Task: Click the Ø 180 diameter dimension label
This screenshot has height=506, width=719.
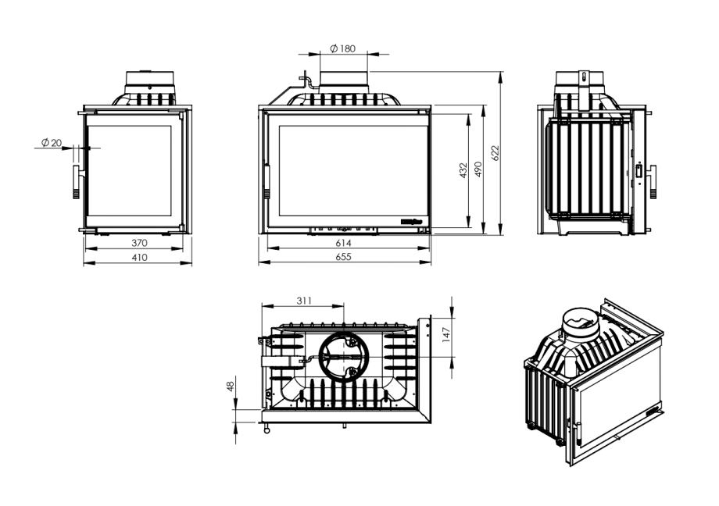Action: pyautogui.click(x=342, y=48)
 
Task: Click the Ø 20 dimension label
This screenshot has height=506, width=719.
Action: pyautogui.click(x=52, y=142)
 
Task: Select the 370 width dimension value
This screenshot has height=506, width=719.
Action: pyautogui.click(x=139, y=243)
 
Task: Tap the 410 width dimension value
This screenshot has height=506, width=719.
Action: pyautogui.click(x=139, y=257)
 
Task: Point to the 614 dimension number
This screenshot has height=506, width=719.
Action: pyautogui.click(x=345, y=243)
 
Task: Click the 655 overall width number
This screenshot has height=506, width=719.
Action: pyautogui.click(x=345, y=257)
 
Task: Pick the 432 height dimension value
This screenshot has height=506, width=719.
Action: pyautogui.click(x=463, y=170)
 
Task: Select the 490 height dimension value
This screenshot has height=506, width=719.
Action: pyautogui.click(x=478, y=170)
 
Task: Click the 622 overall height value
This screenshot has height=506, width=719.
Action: pyautogui.click(x=495, y=153)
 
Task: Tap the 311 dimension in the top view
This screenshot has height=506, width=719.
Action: pyautogui.click(x=304, y=300)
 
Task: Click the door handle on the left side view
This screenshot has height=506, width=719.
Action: pyautogui.click(x=77, y=182)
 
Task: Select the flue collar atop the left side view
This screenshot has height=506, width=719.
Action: pyautogui.click(x=148, y=81)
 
